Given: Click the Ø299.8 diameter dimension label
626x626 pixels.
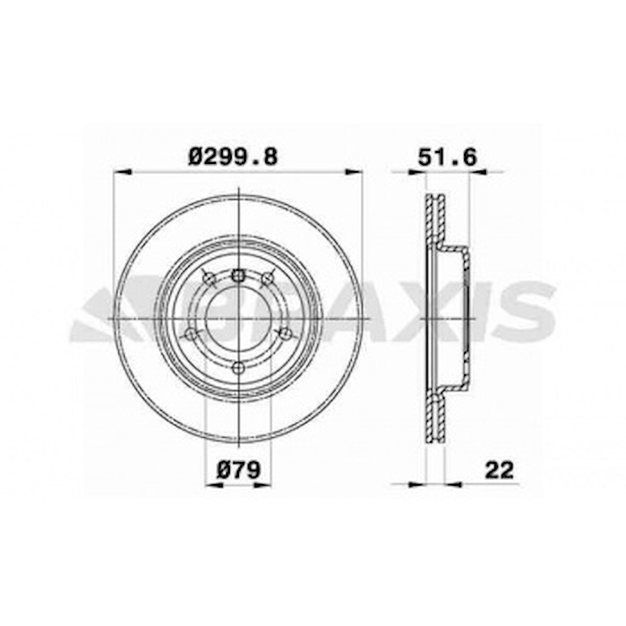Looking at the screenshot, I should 233,156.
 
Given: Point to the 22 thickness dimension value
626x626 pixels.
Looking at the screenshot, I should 499,469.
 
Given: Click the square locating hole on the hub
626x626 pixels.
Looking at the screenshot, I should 238,275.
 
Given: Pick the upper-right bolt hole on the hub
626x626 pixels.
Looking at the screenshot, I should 268,277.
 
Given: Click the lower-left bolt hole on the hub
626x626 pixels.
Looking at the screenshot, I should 188,334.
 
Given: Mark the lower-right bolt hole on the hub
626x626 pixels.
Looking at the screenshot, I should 286,334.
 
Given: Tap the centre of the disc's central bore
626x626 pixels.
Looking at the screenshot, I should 238,318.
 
